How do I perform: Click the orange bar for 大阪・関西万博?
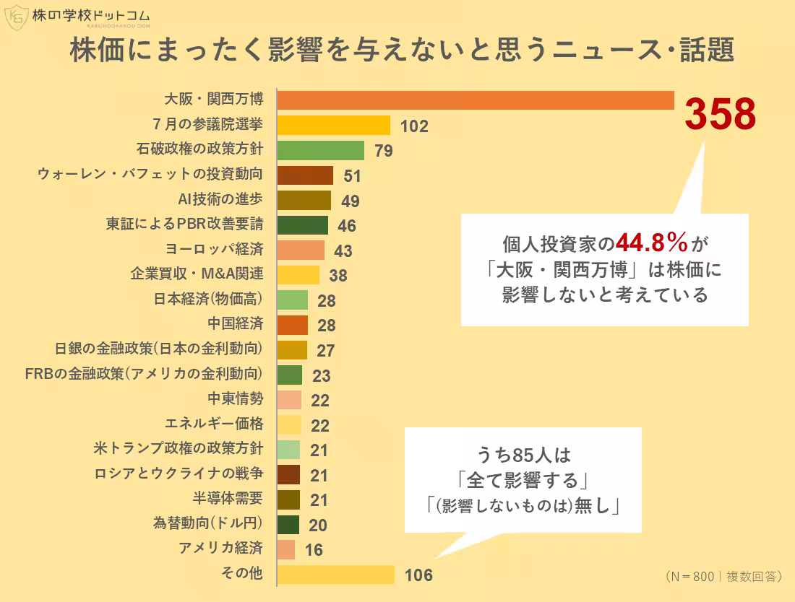click(476, 100)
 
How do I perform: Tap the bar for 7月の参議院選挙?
click(334, 126)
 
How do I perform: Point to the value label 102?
click(414, 127)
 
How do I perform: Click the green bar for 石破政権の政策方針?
click(321, 150)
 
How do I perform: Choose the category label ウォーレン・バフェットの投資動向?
click(150, 175)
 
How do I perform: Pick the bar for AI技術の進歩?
click(304, 200)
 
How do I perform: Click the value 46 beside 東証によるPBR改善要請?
click(347, 226)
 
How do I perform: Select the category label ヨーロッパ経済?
click(214, 250)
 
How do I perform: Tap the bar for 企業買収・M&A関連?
click(298, 274)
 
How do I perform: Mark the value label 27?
click(326, 351)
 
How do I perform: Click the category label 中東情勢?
click(235, 399)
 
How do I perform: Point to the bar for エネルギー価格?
click(289, 424)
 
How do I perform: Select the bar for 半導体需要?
click(288, 500)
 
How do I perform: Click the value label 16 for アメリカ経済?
click(314, 551)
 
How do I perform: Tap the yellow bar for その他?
click(336, 575)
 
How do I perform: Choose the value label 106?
click(418, 576)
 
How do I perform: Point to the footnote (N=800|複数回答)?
click(723, 577)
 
